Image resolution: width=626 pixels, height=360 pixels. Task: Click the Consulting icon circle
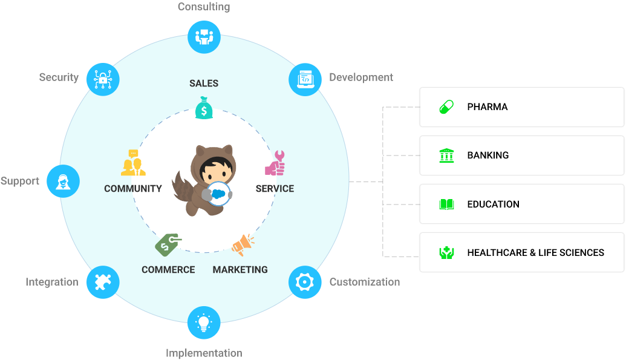click(x=204, y=37)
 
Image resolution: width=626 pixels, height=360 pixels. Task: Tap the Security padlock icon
click(x=103, y=79)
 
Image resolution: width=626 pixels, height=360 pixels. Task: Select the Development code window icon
click(x=305, y=79)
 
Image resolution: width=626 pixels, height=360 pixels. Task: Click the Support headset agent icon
click(x=63, y=181)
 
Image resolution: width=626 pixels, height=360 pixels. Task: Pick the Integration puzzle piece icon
click(x=103, y=282)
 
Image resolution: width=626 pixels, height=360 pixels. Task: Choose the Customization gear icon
click(x=305, y=282)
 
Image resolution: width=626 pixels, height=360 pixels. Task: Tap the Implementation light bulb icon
click(x=204, y=322)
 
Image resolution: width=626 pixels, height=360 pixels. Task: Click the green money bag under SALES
click(x=204, y=109)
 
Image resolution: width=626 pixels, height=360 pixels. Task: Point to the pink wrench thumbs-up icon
click(x=275, y=163)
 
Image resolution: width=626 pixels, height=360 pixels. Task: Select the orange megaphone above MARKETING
click(x=243, y=245)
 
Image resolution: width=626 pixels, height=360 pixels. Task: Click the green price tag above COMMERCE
click(x=168, y=245)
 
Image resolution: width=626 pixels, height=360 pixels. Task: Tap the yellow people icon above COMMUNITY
click(x=133, y=163)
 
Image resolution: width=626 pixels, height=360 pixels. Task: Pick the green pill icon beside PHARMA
click(x=446, y=107)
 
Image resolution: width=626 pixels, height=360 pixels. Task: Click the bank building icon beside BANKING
click(x=446, y=155)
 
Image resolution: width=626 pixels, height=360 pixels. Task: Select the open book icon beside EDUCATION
click(x=446, y=205)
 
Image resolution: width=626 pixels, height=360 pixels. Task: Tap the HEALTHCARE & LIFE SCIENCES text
click(x=535, y=253)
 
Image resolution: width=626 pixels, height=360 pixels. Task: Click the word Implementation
click(x=204, y=353)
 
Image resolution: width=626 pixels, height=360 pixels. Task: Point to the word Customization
click(x=364, y=282)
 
